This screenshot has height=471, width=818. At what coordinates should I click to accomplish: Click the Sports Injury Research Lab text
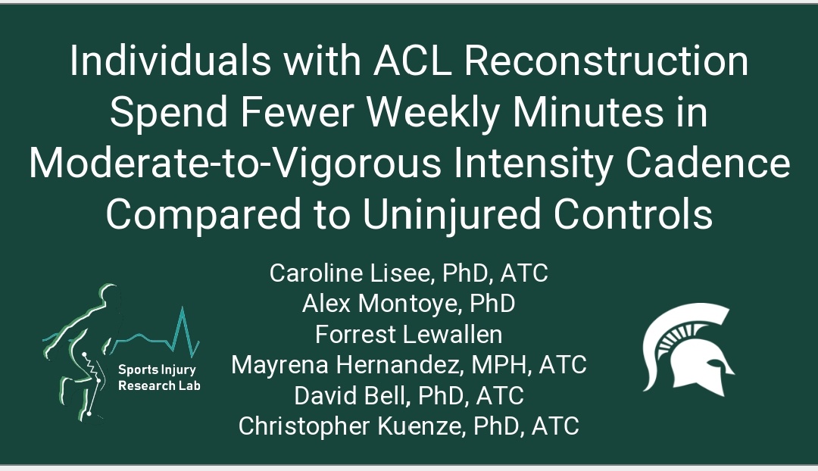[x=158, y=376]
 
